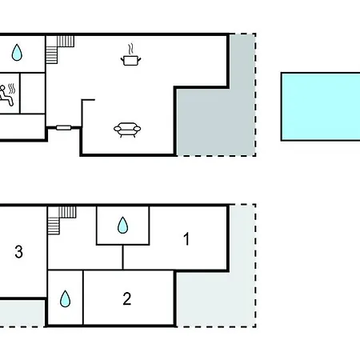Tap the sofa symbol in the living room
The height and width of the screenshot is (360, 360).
click(x=127, y=130)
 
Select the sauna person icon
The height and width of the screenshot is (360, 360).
click(x=6, y=95)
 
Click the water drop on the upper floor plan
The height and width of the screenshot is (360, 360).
click(x=17, y=52)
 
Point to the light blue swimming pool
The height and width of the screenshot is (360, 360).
click(x=321, y=106)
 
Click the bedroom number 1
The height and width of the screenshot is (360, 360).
click(x=186, y=238)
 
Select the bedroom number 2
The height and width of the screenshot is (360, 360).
click(x=127, y=298)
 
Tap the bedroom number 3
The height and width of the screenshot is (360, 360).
click(x=18, y=251)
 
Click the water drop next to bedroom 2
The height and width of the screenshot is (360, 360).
click(x=66, y=298)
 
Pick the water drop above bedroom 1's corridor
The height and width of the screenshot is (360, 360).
click(x=122, y=225)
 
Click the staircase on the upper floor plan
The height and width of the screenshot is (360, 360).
click(x=60, y=50)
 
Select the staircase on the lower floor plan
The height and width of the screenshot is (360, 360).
click(x=62, y=220)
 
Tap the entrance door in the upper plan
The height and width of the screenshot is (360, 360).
click(x=64, y=128)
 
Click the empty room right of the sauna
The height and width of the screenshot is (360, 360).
click(x=33, y=93)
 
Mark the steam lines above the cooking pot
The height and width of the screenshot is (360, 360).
click(x=130, y=49)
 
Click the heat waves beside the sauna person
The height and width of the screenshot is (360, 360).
click(x=12, y=89)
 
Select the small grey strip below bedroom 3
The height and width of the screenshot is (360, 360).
click(x=22, y=313)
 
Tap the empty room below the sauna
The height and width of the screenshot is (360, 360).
click(x=22, y=126)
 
